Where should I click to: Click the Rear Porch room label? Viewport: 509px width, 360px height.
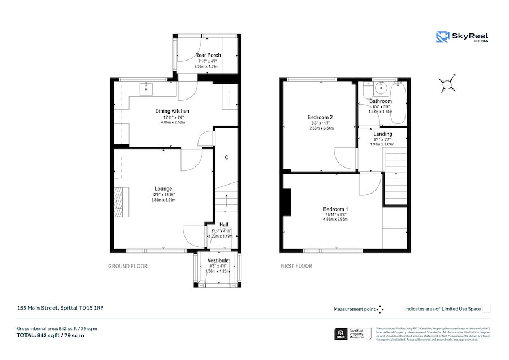click(x=208, y=55)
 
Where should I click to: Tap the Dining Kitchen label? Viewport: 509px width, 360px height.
click(x=172, y=111)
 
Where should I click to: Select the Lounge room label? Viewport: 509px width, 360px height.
click(x=163, y=188)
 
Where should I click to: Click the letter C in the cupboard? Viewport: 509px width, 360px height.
click(x=226, y=157)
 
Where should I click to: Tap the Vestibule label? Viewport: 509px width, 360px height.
click(x=217, y=260)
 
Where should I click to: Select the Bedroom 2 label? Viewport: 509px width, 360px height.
click(x=320, y=117)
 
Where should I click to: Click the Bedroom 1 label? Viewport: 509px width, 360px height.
click(x=335, y=209)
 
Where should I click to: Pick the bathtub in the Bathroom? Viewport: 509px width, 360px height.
click(x=398, y=102)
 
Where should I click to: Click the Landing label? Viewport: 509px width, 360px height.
click(x=383, y=134)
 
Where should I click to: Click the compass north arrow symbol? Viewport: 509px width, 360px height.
click(x=448, y=84)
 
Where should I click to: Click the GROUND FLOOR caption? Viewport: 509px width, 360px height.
click(x=128, y=266)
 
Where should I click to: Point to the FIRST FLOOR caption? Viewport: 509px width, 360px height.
click(x=296, y=266)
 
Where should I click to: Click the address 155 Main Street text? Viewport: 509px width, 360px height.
click(x=59, y=308)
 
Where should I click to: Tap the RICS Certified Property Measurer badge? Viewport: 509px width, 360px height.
click(x=354, y=334)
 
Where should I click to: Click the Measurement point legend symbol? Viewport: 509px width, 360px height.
click(x=380, y=309)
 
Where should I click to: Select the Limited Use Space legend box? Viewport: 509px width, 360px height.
click(x=486, y=309)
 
